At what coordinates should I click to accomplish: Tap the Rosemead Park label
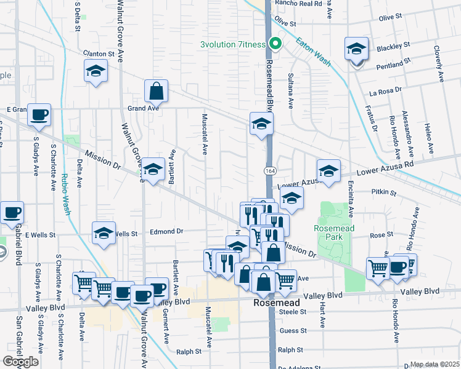(333, 228)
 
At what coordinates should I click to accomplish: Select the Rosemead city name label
(277, 303)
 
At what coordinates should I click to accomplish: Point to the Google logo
(20, 362)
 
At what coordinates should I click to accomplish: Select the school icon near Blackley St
(357, 49)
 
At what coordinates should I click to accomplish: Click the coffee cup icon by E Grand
(39, 114)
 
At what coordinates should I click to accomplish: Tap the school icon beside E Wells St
(104, 232)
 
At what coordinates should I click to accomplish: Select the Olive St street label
(285, 22)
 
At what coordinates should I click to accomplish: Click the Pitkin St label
(383, 192)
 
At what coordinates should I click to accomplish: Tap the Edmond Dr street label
(167, 232)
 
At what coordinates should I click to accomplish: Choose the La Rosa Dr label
(385, 91)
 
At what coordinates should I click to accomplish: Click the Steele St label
(293, 312)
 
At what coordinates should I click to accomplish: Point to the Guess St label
(293, 331)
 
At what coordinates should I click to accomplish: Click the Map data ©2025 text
(434, 364)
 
